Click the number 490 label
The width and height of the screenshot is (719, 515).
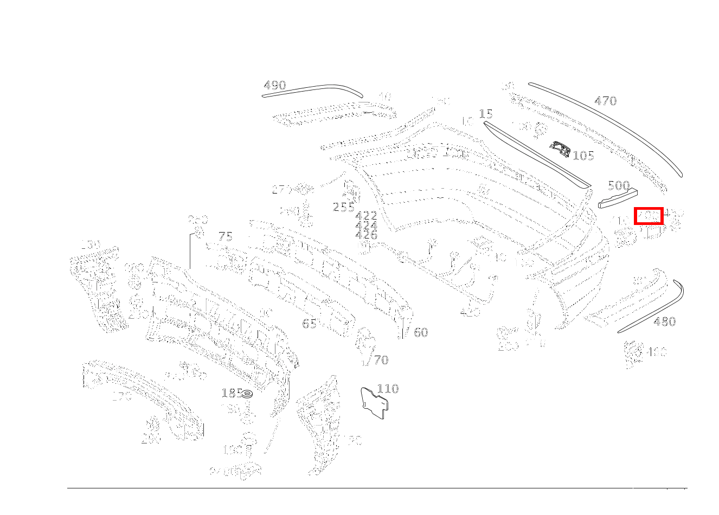pos(274,86)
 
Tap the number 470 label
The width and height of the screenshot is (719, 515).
pos(605,101)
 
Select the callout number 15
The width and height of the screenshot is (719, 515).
pos(486,114)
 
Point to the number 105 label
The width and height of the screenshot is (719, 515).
pos(583,156)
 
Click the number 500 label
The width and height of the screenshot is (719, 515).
pos(619,185)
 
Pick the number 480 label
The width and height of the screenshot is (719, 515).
pos(664,321)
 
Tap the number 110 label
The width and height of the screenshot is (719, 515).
pos(388,389)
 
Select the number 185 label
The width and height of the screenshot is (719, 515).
pos(232,393)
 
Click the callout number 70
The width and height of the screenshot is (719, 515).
pos(381,360)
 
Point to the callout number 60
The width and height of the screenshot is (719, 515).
pos(421,332)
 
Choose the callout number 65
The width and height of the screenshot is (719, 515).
pos(309,324)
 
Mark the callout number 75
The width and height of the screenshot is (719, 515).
pos(226,236)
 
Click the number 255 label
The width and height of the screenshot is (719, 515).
pos(344,207)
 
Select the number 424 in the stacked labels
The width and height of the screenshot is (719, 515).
pos(366,226)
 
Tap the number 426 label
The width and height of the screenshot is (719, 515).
pos(366,235)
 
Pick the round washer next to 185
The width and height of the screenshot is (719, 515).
pos(247,394)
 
